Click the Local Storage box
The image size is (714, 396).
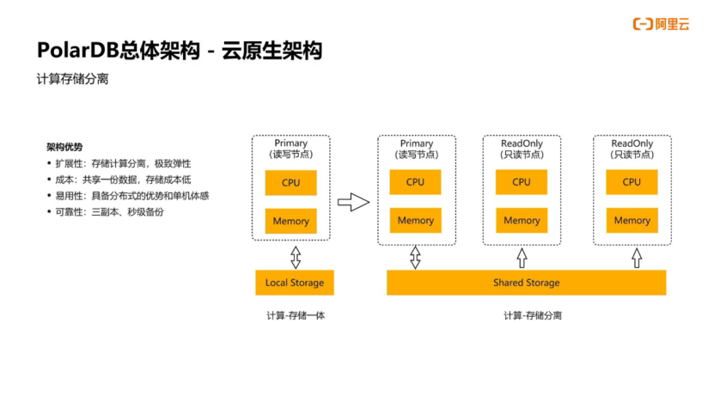(294, 283)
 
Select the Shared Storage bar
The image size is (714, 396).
(526, 283)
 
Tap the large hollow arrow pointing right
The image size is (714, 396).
(353, 203)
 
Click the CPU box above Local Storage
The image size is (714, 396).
(290, 182)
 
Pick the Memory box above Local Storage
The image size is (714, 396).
(290, 221)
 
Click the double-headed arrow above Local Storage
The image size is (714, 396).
(295, 256)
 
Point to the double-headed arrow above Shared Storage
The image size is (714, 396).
(416, 256)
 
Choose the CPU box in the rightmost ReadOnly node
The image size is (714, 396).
(632, 182)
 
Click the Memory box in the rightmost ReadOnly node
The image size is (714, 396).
(632, 221)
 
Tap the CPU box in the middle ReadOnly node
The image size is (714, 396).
(522, 182)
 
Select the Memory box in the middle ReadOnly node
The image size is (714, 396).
(522, 221)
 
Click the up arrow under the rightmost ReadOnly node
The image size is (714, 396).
(636, 257)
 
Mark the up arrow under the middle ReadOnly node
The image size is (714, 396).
(522, 257)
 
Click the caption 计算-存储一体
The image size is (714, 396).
(295, 316)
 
